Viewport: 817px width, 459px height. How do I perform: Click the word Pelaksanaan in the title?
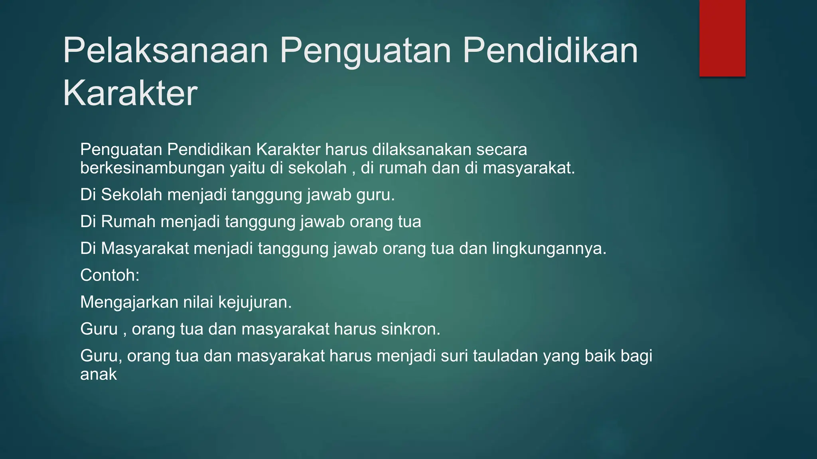pyautogui.click(x=166, y=51)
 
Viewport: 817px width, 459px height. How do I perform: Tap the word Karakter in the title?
pyautogui.click(x=130, y=93)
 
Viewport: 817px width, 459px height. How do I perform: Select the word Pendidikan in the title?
pyautogui.click(x=550, y=51)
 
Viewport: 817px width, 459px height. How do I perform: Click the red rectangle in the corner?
pyautogui.click(x=722, y=38)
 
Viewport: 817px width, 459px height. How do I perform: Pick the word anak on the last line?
pyautogui.click(x=99, y=375)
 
